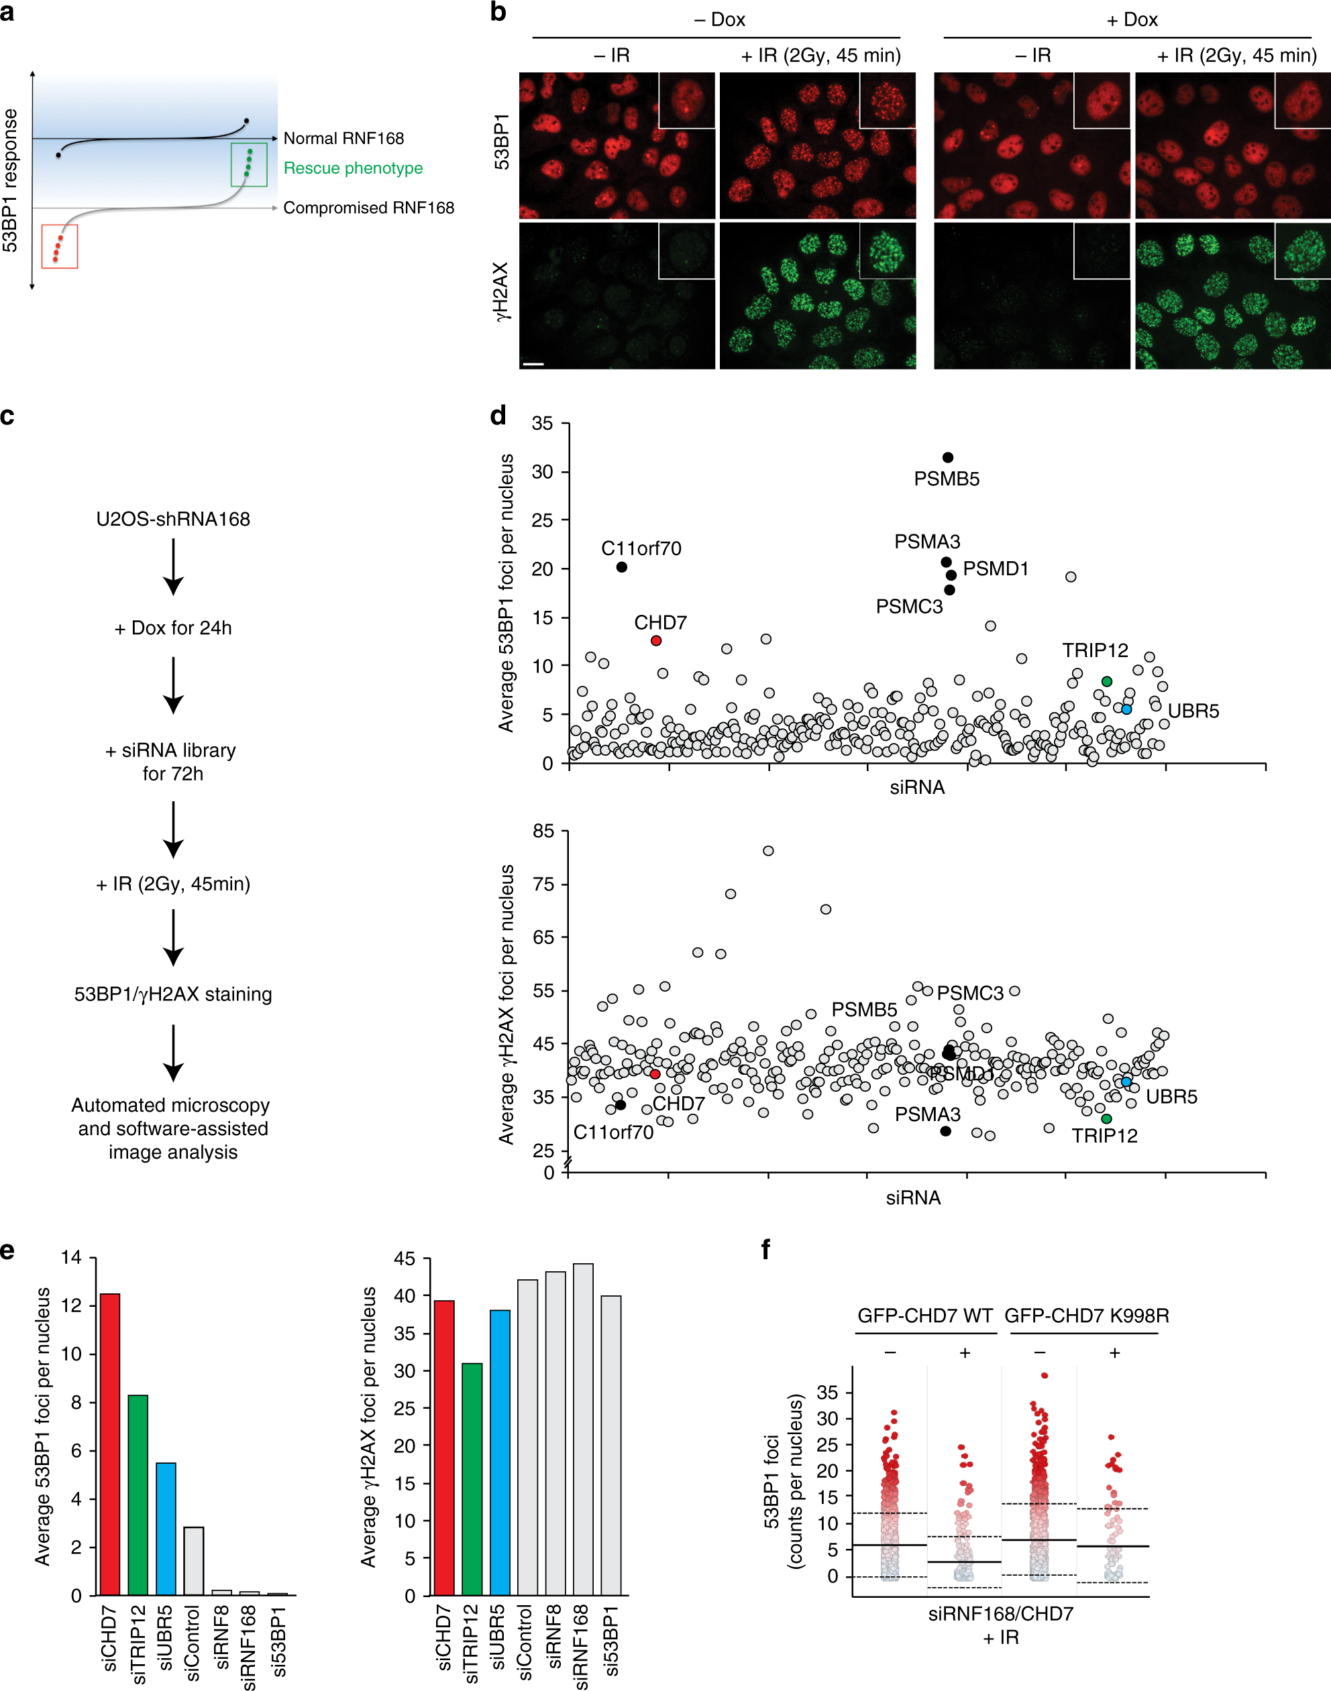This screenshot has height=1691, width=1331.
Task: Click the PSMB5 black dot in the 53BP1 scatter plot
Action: [x=947, y=457]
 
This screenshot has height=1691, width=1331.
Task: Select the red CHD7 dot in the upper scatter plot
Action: [x=656, y=640]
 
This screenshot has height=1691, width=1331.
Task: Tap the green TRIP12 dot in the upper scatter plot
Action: [x=1106, y=681]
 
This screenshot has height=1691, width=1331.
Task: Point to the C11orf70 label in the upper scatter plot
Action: [x=641, y=548]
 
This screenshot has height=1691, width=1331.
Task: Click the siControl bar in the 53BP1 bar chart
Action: [x=193, y=1561]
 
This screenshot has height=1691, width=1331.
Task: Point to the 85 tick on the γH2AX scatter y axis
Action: [x=543, y=831]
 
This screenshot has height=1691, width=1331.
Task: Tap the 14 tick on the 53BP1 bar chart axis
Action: [x=72, y=1257]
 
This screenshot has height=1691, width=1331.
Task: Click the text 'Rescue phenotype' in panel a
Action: [x=353, y=168]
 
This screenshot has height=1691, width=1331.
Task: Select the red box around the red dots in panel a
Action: [x=59, y=246]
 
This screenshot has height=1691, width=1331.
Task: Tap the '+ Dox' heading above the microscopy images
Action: [x=1132, y=19]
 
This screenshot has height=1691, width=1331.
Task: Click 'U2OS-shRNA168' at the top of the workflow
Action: [x=173, y=519]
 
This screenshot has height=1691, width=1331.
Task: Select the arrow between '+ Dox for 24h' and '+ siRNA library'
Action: [x=173, y=685]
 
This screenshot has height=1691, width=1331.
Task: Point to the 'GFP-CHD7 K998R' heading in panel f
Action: [x=1086, y=1316]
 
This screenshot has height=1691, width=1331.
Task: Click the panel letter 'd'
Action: [x=498, y=415]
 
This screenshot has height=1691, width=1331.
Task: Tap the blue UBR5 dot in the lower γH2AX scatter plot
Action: [x=1126, y=1082]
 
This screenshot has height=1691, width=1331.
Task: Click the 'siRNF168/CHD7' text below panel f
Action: [x=1000, y=1613]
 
